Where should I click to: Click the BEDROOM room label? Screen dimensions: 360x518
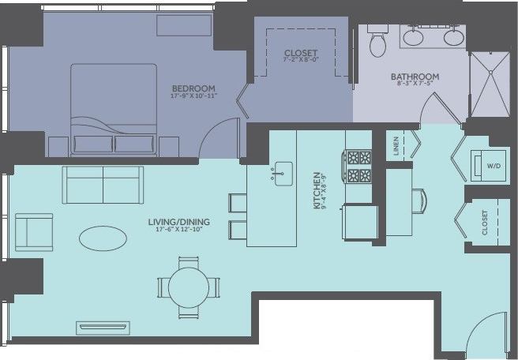click(193, 88)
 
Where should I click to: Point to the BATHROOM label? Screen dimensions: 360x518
click(415, 77)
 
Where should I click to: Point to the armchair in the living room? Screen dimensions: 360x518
click(33, 231)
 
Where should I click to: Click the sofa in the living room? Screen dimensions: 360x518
click(103, 186)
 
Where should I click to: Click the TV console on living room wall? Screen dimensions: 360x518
click(103, 327)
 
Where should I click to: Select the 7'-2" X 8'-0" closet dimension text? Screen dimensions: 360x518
click(301, 63)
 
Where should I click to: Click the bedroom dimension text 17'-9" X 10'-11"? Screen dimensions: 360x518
click(193, 96)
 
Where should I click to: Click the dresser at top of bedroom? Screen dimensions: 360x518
click(182, 26)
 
